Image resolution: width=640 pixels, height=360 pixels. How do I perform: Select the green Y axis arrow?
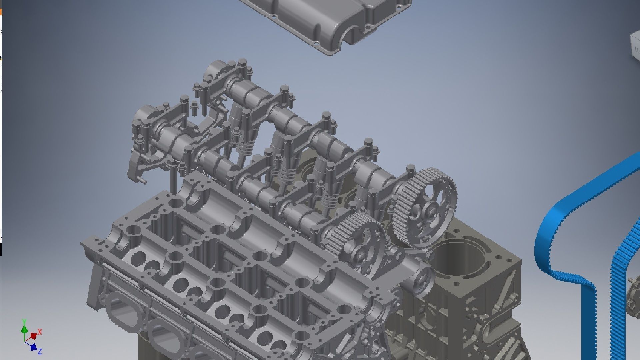tap(24, 329)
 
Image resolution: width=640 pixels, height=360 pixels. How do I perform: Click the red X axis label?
tap(40, 332)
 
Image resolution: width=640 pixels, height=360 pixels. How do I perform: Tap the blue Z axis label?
tap(39, 351)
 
